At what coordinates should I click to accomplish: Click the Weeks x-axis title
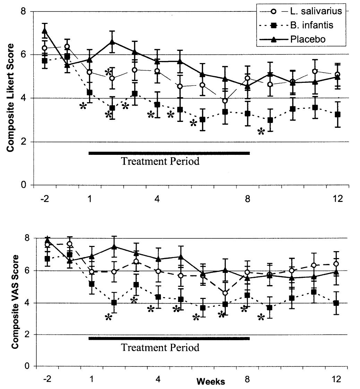click(211, 382)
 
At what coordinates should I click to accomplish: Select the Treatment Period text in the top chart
click(160, 161)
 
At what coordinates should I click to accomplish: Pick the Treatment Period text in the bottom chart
click(160, 347)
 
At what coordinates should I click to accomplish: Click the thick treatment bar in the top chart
click(169, 153)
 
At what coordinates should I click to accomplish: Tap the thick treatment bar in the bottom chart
click(169, 338)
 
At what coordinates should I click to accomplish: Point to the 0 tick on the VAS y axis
click(26, 366)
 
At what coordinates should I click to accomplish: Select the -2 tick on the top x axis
click(45, 198)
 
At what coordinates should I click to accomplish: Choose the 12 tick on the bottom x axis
click(338, 379)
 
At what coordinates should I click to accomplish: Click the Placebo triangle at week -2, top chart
click(45, 31)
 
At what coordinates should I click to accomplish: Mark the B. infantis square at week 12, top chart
click(338, 114)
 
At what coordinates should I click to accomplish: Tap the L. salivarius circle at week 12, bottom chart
click(336, 264)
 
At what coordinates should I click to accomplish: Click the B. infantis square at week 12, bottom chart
click(336, 303)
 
